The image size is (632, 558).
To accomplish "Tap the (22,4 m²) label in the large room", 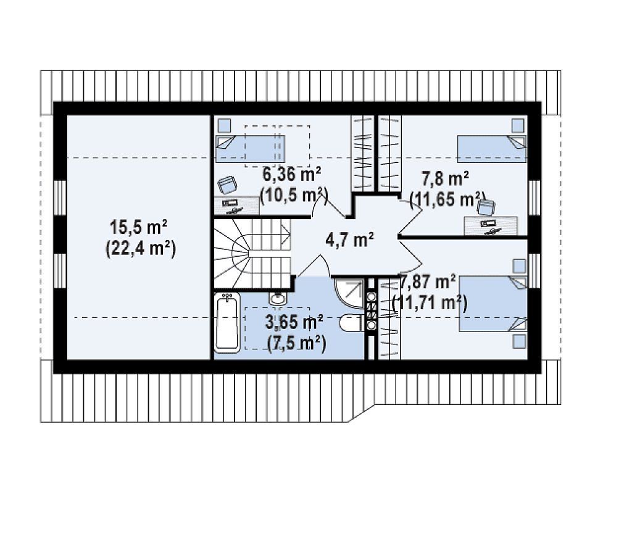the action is pos(140,249).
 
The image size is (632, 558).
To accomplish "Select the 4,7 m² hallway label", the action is pos(349,240).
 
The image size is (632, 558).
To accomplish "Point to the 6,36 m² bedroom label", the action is pos(292,175).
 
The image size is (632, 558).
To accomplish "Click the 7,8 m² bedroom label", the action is pos(445,177).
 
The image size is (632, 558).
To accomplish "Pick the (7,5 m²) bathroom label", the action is pos(296,344).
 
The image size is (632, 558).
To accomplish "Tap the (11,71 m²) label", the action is pos(430,302).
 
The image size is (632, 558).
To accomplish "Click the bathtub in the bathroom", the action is pos(227,323).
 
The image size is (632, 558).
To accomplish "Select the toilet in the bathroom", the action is pos(352,323).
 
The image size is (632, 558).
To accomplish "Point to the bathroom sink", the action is pos(277,298).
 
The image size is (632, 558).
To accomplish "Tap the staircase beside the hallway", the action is pos(252,254).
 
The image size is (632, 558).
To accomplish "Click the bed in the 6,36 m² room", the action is pos(250,149).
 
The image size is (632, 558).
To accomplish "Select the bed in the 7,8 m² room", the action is pos(492,149).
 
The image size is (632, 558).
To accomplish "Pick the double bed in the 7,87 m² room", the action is pos(493,304).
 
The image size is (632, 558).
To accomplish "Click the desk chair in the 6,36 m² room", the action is pos(228,185).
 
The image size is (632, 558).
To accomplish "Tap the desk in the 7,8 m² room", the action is pos(491,226).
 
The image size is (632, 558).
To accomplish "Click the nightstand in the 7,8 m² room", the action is pos(518,125).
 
